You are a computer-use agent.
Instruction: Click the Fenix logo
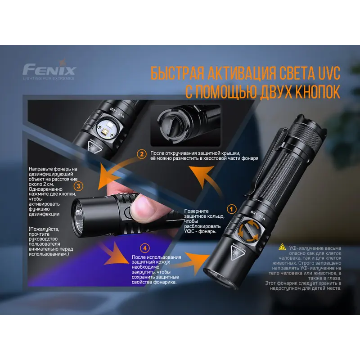tap(49, 69)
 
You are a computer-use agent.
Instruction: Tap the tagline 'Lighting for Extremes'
tap(49, 78)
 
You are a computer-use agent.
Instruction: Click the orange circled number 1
tap(231, 209)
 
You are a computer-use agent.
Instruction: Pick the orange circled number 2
tap(142, 154)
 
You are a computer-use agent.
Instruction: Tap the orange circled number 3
tap(78, 186)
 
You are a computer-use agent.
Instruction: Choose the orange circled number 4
tap(145, 248)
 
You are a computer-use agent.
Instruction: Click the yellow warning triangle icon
tap(282, 247)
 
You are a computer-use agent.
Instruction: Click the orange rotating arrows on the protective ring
tap(249, 231)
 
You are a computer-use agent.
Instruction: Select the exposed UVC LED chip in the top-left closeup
tap(106, 131)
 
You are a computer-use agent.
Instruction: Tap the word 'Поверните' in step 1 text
tap(196, 211)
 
